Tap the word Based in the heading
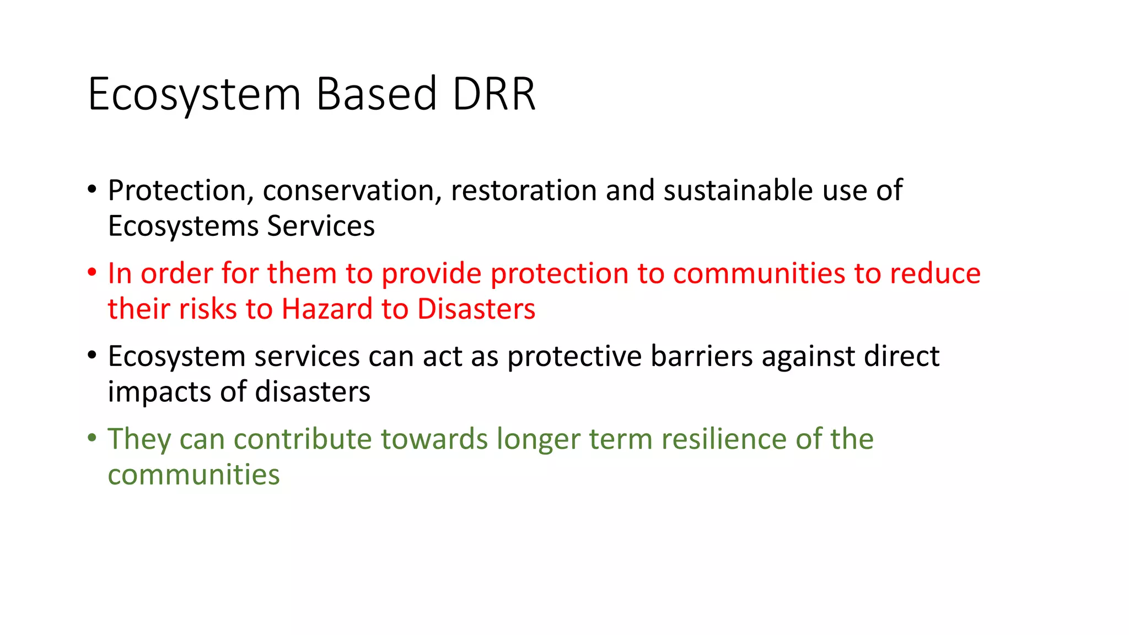pyautogui.click(x=377, y=94)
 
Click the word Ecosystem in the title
pyautogui.click(x=194, y=94)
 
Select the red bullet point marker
pyautogui.click(x=92, y=273)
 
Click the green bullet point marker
pyautogui.click(x=92, y=438)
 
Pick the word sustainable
pyautogui.click(x=738, y=191)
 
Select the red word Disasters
pyautogui.click(x=476, y=309)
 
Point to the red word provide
pyautogui.click(x=431, y=273)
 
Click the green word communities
pyautogui.click(x=193, y=475)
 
